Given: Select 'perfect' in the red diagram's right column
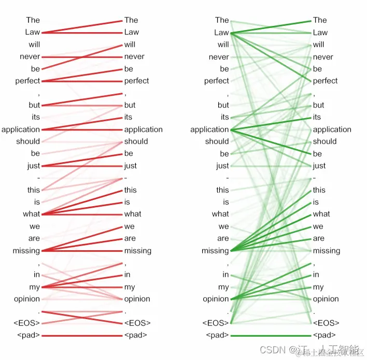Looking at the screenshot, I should [136, 81].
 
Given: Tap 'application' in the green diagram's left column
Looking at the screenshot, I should [209, 129].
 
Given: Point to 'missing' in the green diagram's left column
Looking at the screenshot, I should [215, 251].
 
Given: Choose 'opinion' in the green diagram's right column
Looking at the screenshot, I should [326, 299].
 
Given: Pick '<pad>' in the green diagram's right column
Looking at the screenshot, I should [324, 335].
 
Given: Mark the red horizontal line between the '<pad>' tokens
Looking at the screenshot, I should [82, 336].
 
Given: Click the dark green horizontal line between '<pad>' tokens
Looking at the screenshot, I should [271, 336].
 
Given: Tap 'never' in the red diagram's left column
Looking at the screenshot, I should [30, 56].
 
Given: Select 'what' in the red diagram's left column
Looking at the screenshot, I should [32, 214].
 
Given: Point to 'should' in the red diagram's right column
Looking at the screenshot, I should [136, 141].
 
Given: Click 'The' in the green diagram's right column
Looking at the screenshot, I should [320, 20].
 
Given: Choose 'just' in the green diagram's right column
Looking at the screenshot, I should [319, 166].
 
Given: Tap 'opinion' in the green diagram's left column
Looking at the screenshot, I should [216, 299].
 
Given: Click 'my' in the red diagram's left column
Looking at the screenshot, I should [34, 287].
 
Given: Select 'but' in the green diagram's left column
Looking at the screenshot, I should [223, 105].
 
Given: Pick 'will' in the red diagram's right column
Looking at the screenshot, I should [130, 45].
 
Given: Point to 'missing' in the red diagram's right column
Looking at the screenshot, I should [137, 251].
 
